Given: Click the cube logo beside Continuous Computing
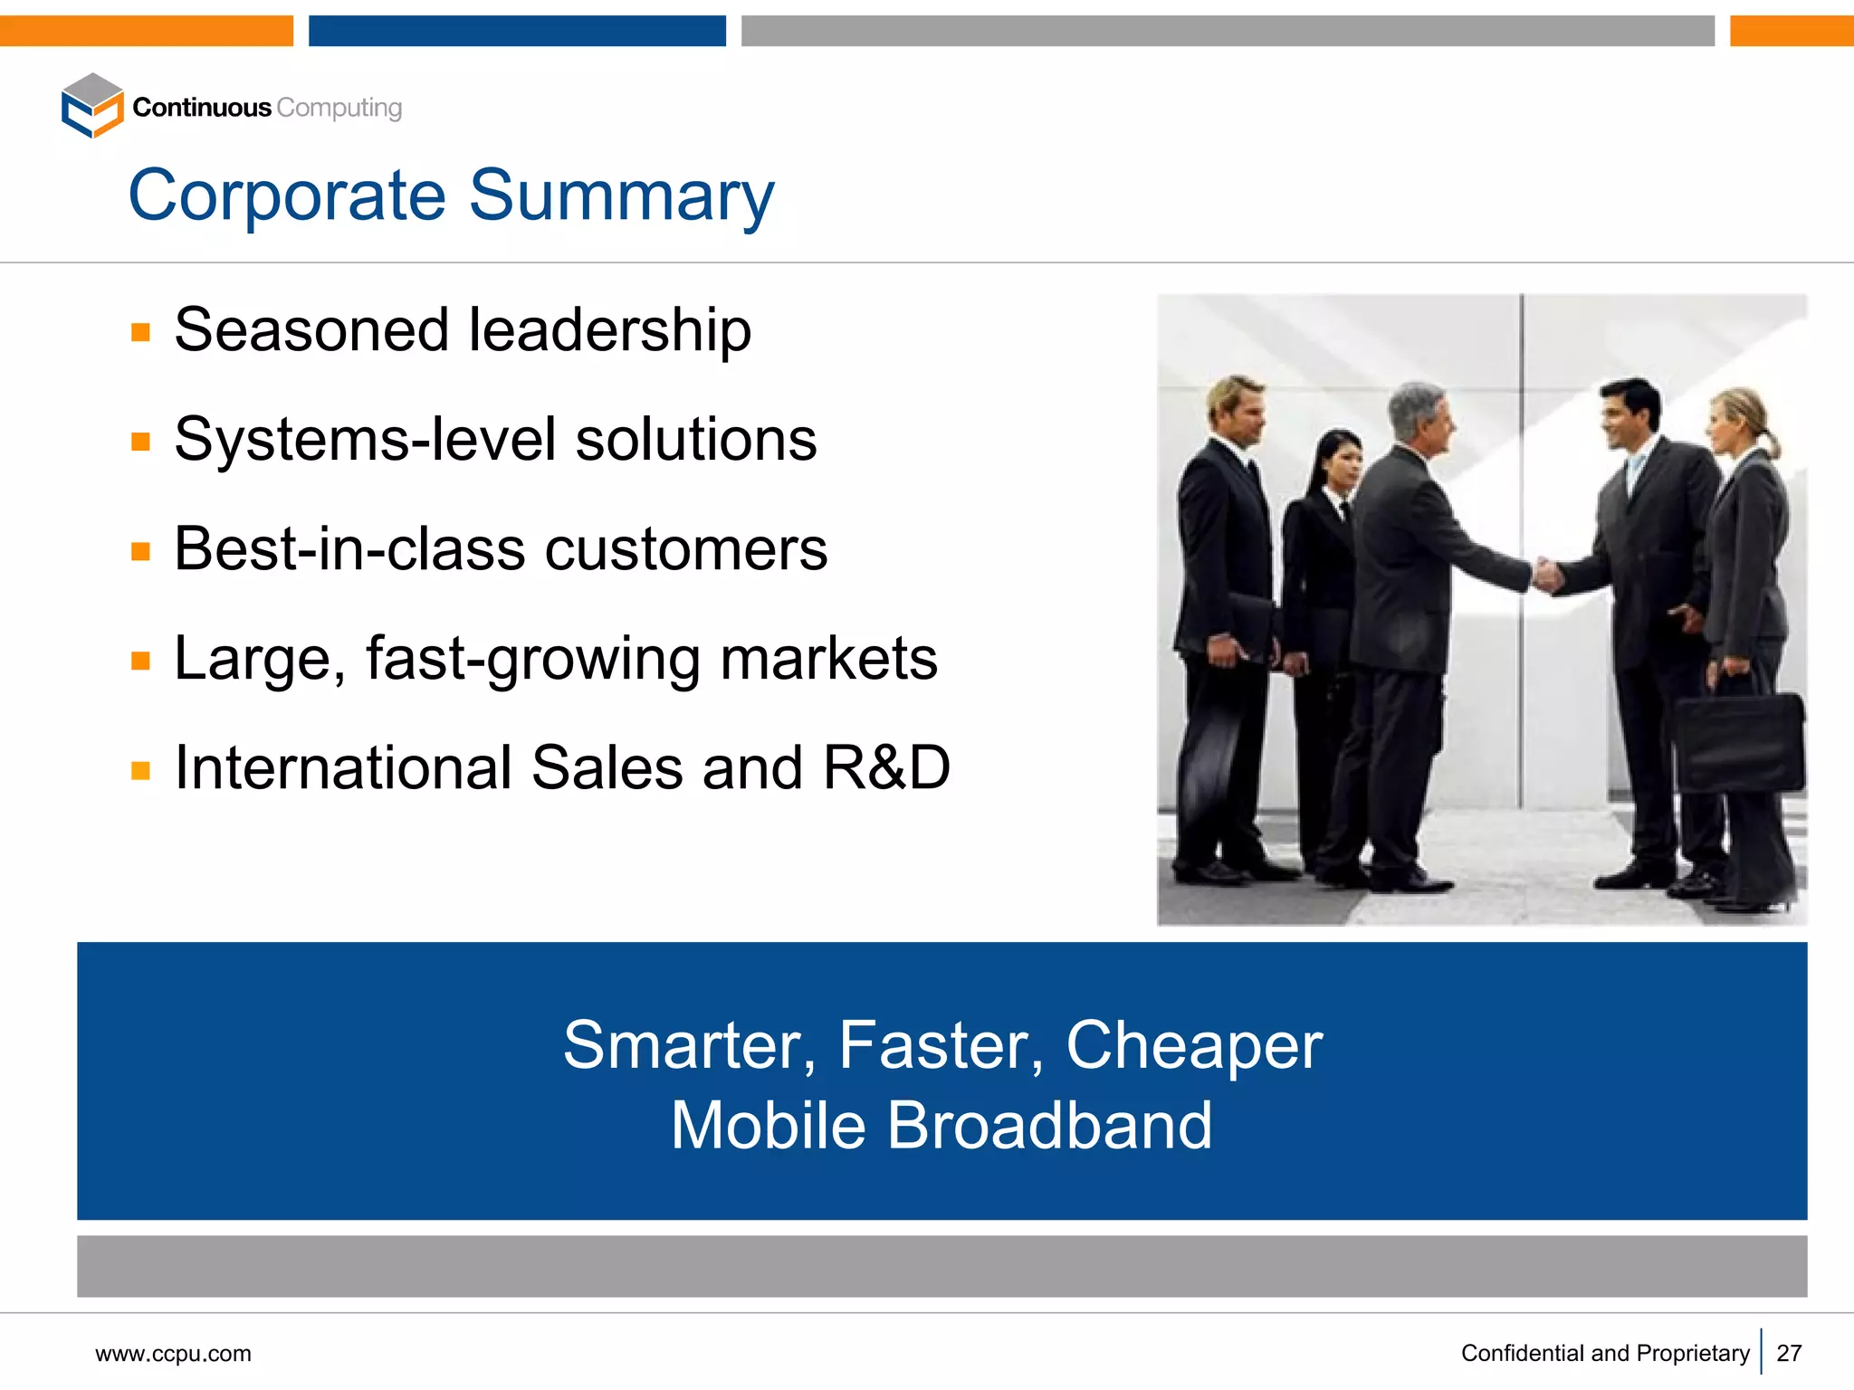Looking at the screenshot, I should (x=91, y=106).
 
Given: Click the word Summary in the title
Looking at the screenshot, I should (x=622, y=196).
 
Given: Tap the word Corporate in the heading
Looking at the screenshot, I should (x=288, y=196).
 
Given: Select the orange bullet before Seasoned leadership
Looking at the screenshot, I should (x=140, y=332).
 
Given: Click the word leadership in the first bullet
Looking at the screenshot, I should (x=609, y=330).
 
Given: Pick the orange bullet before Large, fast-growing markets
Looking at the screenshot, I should (x=140, y=661).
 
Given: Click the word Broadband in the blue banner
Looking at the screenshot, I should (x=1048, y=1126).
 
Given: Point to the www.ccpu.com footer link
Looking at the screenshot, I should (x=173, y=1354).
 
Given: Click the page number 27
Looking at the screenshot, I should (x=1789, y=1353).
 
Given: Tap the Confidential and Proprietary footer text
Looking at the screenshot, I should (x=1604, y=1353).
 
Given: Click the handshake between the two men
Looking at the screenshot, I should (x=1548, y=575).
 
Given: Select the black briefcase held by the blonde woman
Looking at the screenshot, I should (x=1738, y=742).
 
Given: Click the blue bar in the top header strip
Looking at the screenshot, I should (x=517, y=30).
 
